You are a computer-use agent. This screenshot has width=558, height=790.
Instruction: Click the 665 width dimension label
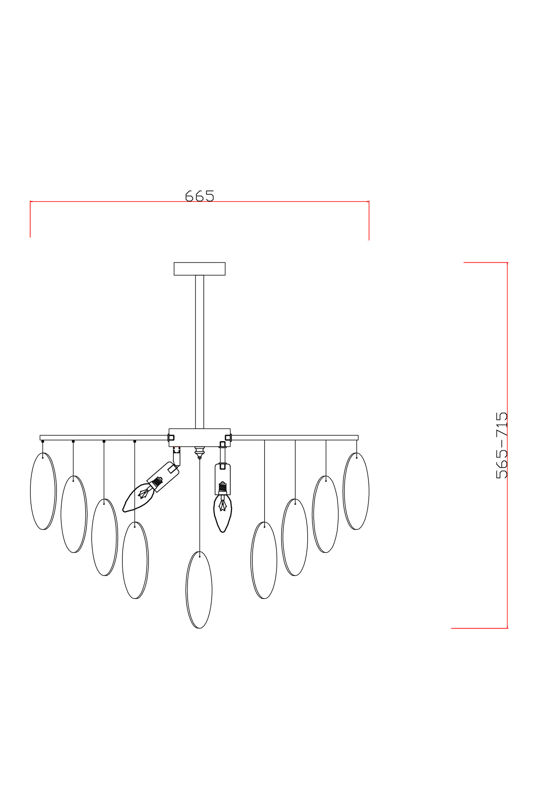coord(199,196)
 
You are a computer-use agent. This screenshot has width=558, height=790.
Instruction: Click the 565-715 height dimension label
coord(501,445)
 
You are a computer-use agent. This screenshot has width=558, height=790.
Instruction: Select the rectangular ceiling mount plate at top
coord(199,269)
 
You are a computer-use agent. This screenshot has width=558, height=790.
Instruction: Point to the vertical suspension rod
coord(199,352)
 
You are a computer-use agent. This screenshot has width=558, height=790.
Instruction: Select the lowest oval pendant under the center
coord(199,589)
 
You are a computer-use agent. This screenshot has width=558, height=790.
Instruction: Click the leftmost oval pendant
coord(43,491)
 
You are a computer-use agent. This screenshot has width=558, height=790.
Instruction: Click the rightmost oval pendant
coord(356,491)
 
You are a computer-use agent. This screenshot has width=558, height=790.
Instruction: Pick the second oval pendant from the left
coord(74,514)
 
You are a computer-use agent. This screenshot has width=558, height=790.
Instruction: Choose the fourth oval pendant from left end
coord(135,560)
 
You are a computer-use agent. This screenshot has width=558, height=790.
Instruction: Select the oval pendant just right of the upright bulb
coord(264,560)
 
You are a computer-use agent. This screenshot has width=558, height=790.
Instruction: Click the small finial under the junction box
coord(199,452)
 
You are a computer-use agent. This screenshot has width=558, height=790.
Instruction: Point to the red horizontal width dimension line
coord(118,201)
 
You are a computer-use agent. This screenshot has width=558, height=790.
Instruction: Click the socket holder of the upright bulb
coord(223,479)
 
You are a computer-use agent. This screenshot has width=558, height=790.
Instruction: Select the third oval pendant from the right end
coord(295,537)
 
